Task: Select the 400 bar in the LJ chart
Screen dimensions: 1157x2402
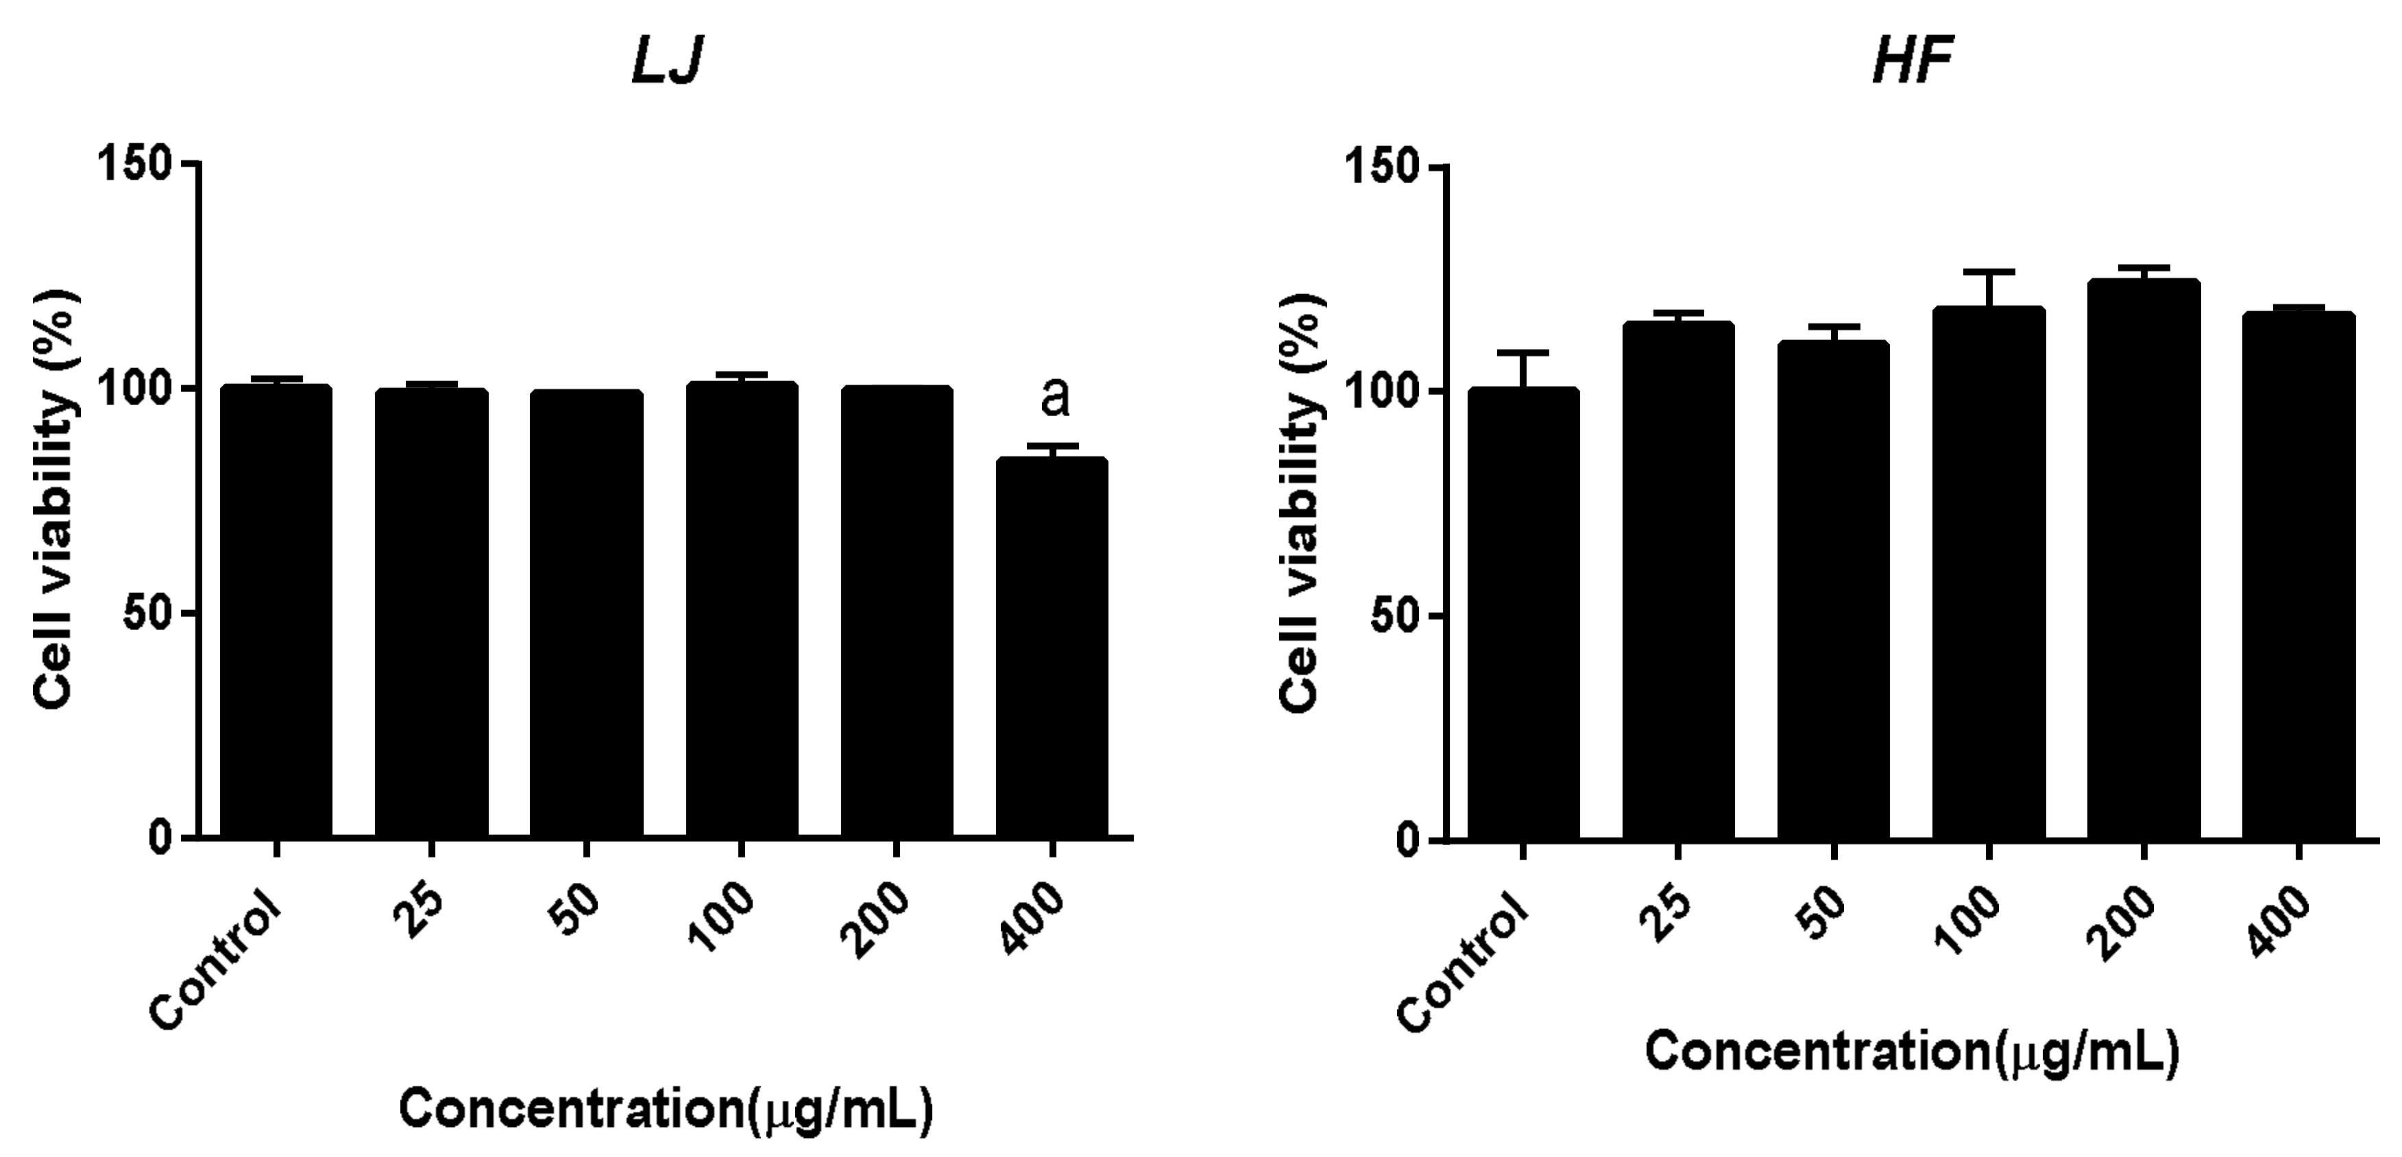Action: click(1052, 647)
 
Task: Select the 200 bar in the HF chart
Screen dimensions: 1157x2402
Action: click(2144, 559)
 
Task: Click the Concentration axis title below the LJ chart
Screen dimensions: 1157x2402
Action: click(666, 1110)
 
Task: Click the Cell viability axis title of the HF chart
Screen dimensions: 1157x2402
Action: click(1302, 504)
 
